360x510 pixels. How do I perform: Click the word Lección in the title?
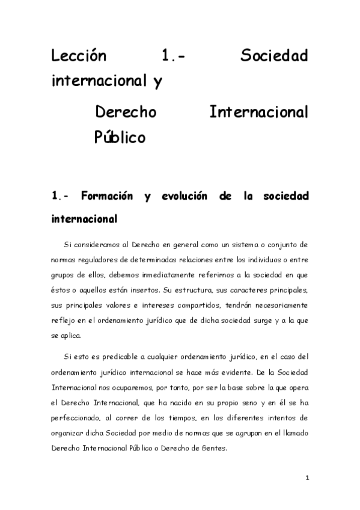point(79,57)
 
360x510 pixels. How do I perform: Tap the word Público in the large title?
point(120,137)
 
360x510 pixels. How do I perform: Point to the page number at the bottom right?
point(307,479)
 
